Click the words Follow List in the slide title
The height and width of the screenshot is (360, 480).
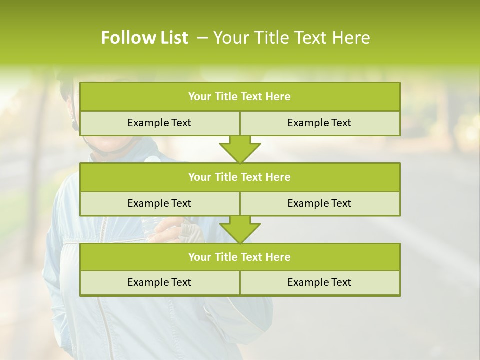pos(144,38)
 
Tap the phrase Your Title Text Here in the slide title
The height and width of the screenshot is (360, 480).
pos(291,38)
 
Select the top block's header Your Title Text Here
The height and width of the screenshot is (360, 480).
pos(239,97)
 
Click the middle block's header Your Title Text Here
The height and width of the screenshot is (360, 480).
pos(239,177)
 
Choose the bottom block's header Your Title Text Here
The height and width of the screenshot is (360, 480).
pos(239,257)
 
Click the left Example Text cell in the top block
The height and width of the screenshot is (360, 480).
pos(159,123)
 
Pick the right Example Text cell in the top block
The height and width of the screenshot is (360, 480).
pos(319,123)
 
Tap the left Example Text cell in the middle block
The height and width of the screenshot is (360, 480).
pos(159,203)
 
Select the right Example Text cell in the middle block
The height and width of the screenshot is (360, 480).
pos(319,203)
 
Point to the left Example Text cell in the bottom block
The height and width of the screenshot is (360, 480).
pos(159,282)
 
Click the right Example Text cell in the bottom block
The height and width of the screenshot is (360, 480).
pos(319,282)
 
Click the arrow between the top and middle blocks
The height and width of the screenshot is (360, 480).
pos(240,149)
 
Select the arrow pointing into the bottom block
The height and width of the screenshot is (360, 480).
pos(240,229)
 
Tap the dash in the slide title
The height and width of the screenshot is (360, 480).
pos(202,38)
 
